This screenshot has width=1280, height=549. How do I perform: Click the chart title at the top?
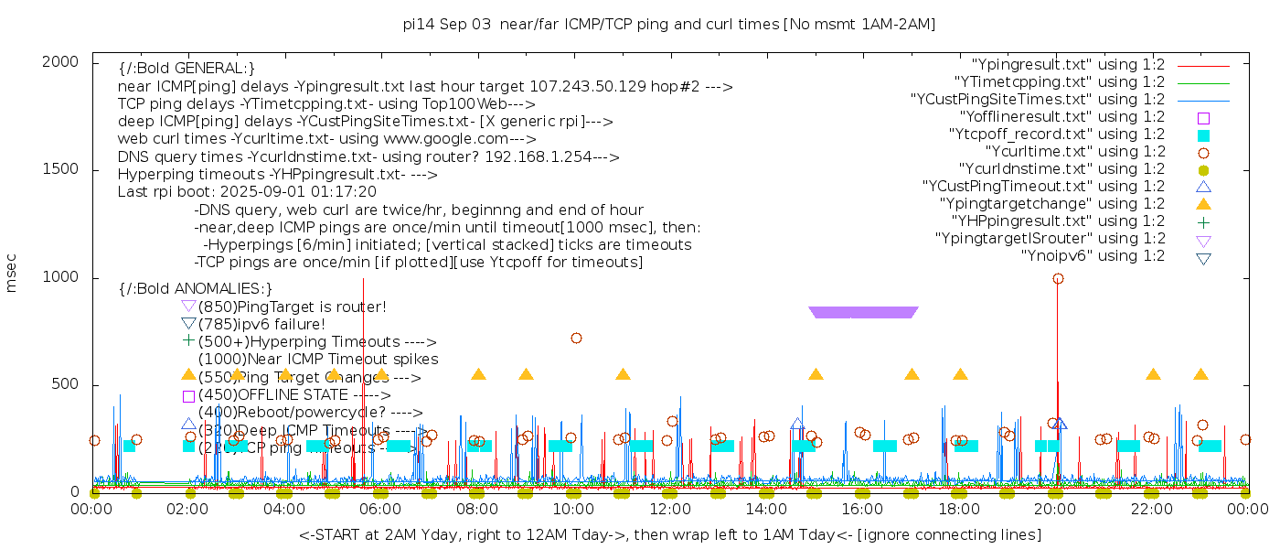(669, 24)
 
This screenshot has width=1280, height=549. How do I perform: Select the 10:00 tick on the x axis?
(574, 509)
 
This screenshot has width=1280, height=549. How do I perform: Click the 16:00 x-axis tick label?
(863, 509)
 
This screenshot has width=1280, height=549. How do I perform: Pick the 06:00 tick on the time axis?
(381, 509)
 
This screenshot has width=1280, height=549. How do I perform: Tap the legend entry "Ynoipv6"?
(1093, 256)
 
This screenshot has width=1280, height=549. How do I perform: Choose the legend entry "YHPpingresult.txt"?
(1058, 221)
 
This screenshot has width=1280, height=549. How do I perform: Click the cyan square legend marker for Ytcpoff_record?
(1203, 135)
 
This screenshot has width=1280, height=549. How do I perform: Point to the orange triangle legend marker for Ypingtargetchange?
(1203, 204)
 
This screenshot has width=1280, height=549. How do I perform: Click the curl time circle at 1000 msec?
(1058, 278)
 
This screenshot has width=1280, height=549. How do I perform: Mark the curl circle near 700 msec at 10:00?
(576, 338)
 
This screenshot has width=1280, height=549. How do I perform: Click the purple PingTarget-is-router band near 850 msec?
(863, 312)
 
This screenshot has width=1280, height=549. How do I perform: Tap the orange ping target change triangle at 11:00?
(623, 374)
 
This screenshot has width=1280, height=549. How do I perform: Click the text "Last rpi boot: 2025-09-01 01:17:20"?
(247, 192)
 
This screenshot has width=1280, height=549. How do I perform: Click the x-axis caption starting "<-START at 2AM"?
(669, 534)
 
